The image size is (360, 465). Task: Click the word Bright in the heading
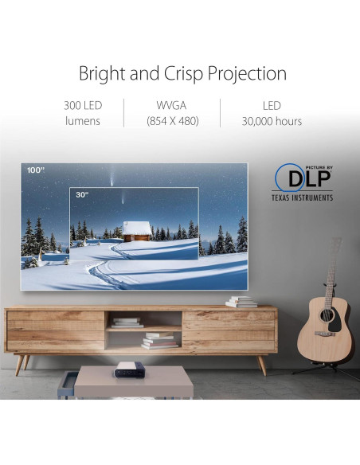pos(102,73)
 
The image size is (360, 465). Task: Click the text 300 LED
pos(84,105)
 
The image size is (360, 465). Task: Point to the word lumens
pos(84,121)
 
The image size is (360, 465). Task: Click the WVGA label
pos(172,105)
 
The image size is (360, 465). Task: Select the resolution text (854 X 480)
pos(172,121)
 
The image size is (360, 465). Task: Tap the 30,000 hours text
pos(272,121)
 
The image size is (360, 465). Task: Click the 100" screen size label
pos(36,170)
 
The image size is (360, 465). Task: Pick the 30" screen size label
pos(82,194)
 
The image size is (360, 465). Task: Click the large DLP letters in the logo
pos(307,178)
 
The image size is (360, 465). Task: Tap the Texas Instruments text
pos(303,197)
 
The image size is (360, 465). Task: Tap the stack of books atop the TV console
pos(241,302)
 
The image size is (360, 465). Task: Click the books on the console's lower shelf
pos(159,341)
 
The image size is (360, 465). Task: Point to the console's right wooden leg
pos(262,365)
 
